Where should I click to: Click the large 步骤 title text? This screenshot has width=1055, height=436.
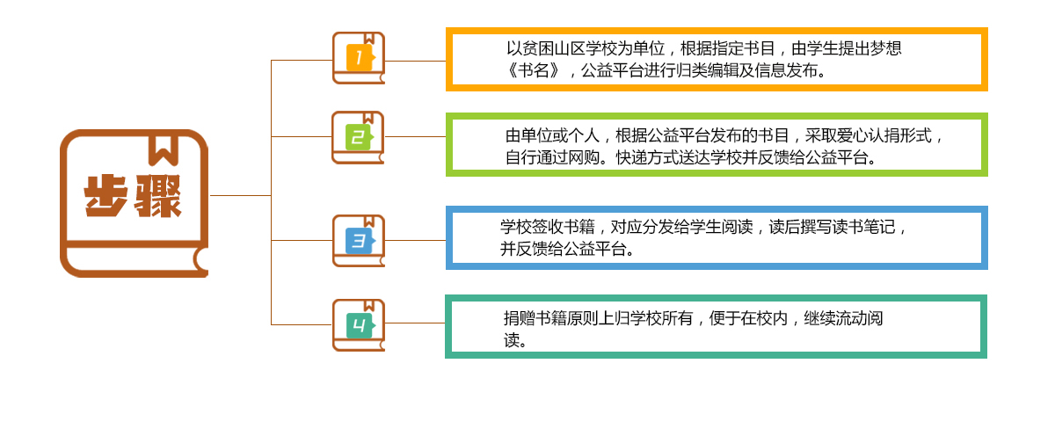133,196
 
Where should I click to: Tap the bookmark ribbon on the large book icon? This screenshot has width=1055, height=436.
164,149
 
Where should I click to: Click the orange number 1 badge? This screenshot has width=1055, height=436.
360,58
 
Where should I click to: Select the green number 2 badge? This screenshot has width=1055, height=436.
360,137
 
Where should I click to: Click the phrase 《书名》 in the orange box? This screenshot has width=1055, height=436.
533,70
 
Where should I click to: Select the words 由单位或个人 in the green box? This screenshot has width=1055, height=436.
552,135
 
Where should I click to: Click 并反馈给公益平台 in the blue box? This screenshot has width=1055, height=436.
564,249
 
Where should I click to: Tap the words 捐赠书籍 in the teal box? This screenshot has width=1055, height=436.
535,318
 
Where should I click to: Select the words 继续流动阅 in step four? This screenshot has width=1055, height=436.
843,318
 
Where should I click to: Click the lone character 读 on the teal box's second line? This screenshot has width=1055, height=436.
512,340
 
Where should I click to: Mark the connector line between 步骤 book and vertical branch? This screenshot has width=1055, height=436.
240,195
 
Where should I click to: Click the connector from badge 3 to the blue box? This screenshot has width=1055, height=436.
415,241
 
